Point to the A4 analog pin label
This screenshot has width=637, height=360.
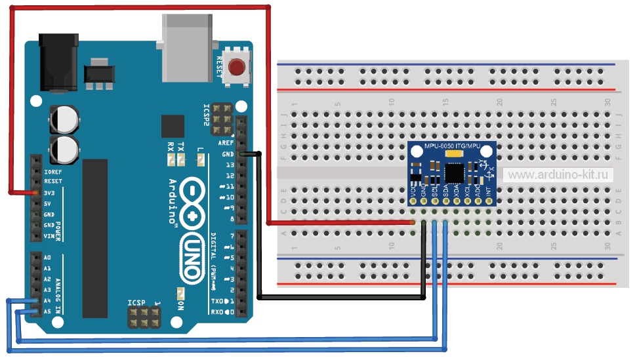point(47,300)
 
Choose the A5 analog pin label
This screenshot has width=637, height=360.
point(47,311)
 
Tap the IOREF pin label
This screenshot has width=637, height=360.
point(52,170)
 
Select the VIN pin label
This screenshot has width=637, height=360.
point(49,236)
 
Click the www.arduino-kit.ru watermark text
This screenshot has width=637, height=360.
point(560,174)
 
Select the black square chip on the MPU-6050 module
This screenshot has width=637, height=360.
point(454,172)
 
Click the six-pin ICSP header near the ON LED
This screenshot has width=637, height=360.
point(144,319)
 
